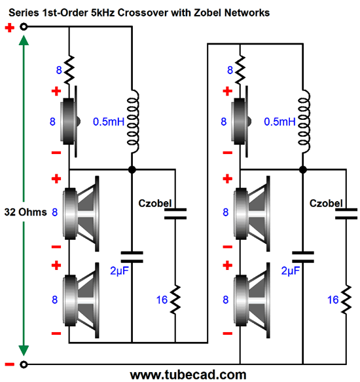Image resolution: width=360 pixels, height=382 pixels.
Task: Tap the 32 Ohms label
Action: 25,212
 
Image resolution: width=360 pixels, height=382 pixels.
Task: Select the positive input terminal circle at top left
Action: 24,27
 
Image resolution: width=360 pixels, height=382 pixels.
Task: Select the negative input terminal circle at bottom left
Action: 24,364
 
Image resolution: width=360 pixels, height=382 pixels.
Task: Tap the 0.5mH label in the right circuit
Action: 279,122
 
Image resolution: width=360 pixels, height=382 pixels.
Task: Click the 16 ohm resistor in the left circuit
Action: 175,301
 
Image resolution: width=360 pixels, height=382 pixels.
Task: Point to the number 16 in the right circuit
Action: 333,299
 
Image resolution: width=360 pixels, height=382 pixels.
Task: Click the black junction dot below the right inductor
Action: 303,169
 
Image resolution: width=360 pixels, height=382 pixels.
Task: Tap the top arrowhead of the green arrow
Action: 24,41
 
